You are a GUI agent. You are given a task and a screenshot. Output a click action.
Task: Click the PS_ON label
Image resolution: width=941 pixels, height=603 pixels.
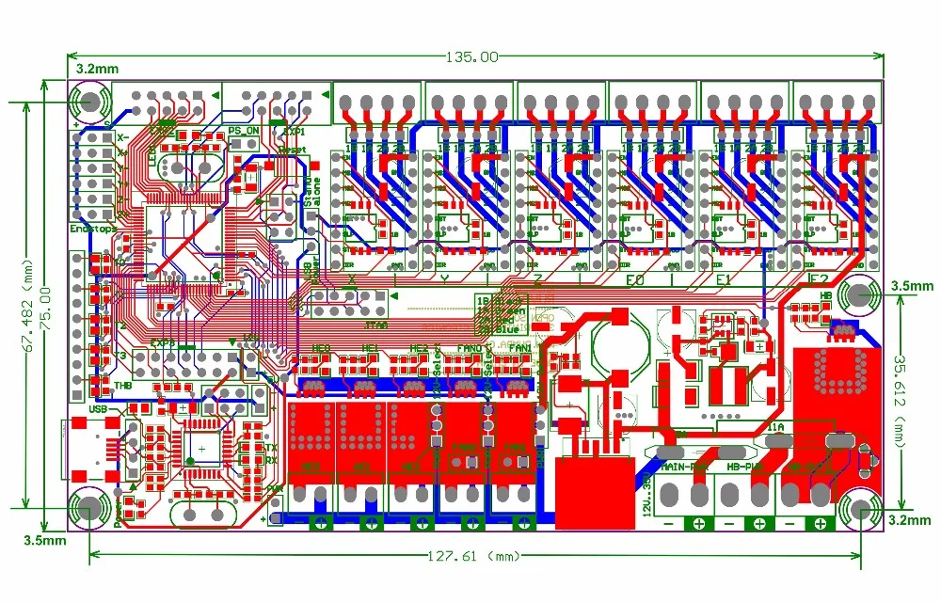tap(244, 131)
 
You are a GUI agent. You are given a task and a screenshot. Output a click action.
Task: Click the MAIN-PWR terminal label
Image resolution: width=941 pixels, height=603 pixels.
tap(685, 465)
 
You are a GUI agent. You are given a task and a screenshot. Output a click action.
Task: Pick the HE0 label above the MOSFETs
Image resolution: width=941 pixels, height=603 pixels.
tap(321, 349)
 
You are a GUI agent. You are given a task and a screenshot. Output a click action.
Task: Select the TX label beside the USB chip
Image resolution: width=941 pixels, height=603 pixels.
tap(271, 449)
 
